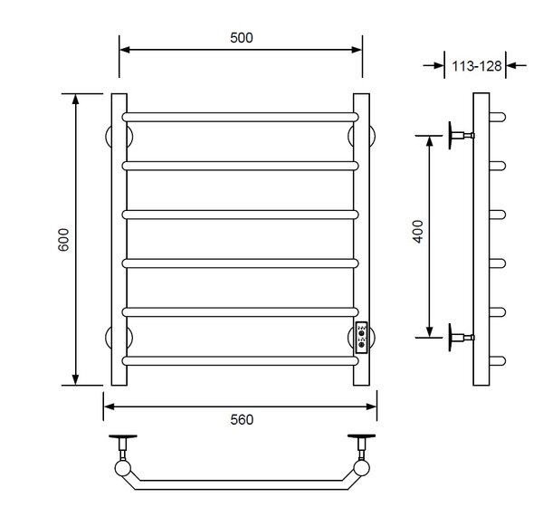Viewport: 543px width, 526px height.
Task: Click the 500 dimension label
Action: click(x=242, y=37)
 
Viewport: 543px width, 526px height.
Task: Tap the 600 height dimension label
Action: click(x=63, y=239)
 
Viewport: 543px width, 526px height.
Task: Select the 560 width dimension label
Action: click(x=242, y=419)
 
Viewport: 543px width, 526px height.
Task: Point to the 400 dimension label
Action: click(x=418, y=232)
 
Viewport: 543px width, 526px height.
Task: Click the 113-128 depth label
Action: click(x=477, y=66)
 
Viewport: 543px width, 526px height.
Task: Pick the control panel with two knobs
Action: click(x=361, y=338)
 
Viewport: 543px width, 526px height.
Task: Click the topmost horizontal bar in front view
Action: click(x=241, y=117)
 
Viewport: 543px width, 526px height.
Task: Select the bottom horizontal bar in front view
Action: click(x=241, y=360)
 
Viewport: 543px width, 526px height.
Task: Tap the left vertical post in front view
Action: click(x=119, y=239)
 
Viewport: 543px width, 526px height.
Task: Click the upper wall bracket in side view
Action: click(x=462, y=135)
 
